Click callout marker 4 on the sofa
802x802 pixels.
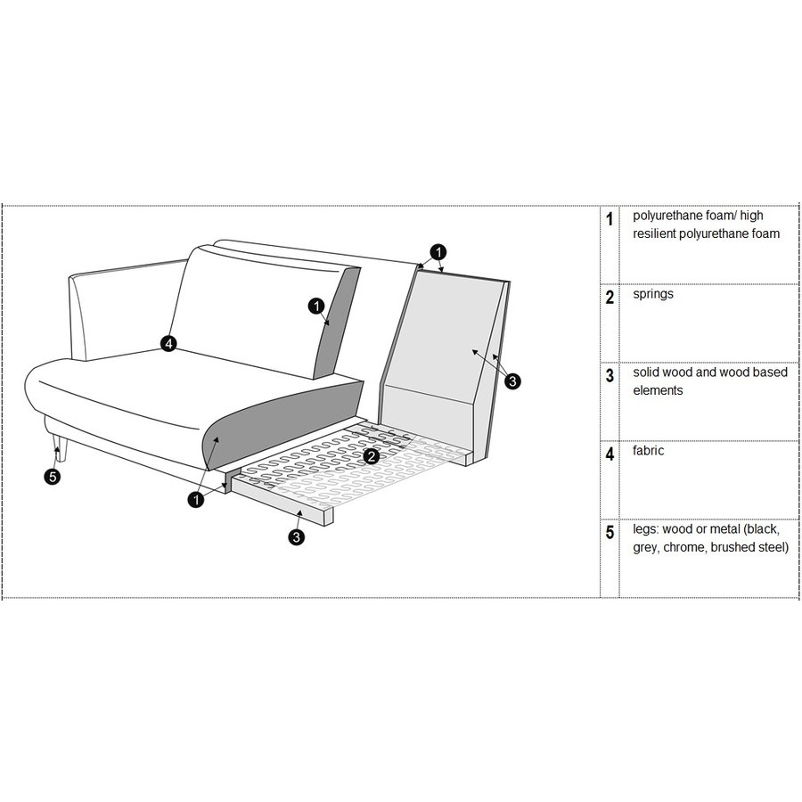click(169, 343)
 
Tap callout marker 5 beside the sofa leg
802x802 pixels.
click(53, 477)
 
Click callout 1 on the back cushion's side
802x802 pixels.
click(316, 307)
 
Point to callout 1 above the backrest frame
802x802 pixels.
click(438, 251)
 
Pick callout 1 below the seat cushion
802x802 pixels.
click(195, 500)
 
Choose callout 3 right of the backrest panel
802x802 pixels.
click(512, 381)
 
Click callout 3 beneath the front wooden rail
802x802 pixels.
click(296, 536)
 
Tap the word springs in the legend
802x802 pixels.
click(653, 294)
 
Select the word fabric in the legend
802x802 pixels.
click(649, 451)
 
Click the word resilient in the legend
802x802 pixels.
click(657, 233)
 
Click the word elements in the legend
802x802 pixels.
click(658, 390)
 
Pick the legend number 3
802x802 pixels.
click(610, 376)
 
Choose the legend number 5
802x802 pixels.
click(610, 533)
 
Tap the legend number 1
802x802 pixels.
click(610, 219)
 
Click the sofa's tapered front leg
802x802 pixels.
click(59, 446)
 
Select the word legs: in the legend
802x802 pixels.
click(647, 529)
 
